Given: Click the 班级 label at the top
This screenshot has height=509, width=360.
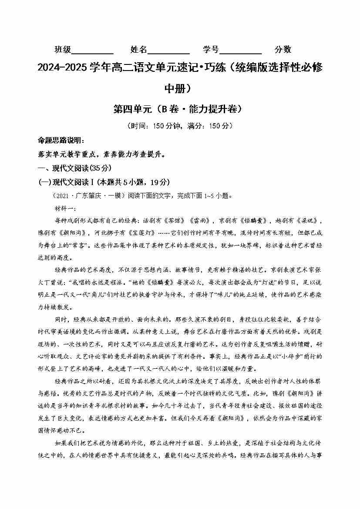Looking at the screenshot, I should (x=63, y=50).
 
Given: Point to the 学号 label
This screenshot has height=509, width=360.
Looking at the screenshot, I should (x=211, y=50).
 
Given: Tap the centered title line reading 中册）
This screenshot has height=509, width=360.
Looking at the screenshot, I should (x=180, y=88).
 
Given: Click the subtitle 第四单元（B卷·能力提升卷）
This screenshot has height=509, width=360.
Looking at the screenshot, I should (x=180, y=109).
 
